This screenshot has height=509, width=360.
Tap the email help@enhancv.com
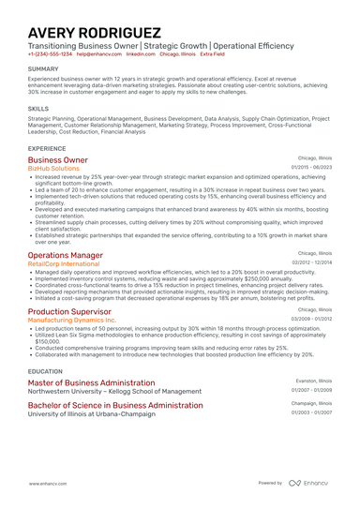coord(97,54)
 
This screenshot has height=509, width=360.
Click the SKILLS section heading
coord(38,109)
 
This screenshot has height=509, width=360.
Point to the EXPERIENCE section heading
coord(47,148)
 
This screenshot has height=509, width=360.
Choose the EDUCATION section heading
coord(46,371)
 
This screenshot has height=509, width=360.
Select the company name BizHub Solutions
coord(54,169)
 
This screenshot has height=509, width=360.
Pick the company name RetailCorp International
coord(63,264)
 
